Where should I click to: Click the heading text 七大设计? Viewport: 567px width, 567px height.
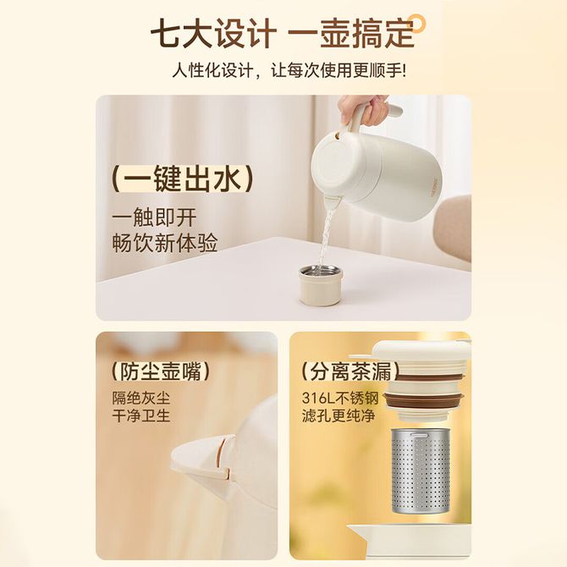213,35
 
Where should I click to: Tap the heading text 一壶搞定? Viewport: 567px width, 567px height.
351,35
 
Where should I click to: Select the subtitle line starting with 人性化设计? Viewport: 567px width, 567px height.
289,69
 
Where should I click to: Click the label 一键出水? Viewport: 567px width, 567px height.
182,179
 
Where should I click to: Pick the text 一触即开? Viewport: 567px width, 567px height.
154,217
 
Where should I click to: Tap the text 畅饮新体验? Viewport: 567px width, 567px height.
165,242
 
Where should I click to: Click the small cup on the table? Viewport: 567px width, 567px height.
321,285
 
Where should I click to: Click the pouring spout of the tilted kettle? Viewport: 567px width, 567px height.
333,203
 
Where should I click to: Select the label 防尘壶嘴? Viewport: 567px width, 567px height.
161,372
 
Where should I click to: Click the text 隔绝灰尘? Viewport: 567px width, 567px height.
141,399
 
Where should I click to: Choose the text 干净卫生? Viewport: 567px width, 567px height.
141,416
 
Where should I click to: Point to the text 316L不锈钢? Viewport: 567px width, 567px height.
340,399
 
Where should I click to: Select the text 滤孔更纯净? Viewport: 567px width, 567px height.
339,416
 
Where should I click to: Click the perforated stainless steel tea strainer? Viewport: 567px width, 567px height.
420,471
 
